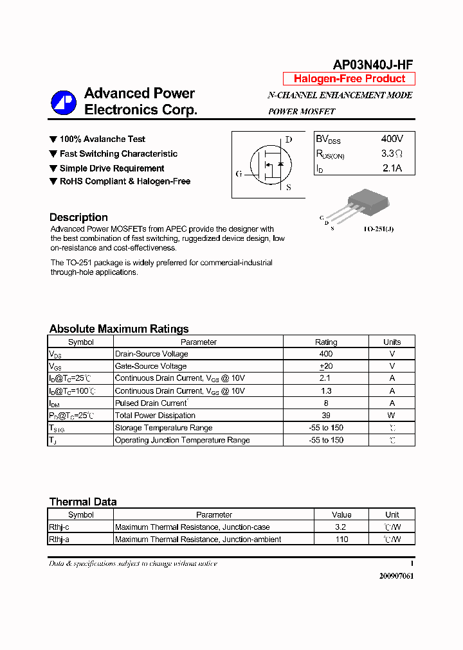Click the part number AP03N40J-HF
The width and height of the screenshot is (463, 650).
pos(372,64)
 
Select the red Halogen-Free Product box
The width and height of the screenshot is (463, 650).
pos(349,79)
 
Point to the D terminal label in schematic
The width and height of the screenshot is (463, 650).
pos(289,139)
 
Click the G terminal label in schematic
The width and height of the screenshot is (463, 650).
pos(239,173)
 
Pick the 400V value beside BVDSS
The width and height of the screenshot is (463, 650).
pos(392,139)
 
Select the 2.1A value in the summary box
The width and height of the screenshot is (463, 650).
pos(392,168)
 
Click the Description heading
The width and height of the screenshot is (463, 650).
pos(78,217)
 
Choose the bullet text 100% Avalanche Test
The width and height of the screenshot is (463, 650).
pos(102,139)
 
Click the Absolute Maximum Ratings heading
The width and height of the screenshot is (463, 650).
pos(119,329)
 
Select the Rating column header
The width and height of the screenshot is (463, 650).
pos(326,342)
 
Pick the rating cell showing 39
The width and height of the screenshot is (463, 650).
pos(326,416)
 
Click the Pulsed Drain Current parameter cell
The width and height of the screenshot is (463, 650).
pos(151,403)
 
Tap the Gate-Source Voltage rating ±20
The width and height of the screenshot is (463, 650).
pos(326,366)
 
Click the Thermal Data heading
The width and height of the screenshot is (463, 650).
pos(83,502)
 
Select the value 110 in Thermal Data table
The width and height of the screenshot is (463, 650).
pos(341,540)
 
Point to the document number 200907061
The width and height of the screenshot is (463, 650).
pos(396,575)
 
